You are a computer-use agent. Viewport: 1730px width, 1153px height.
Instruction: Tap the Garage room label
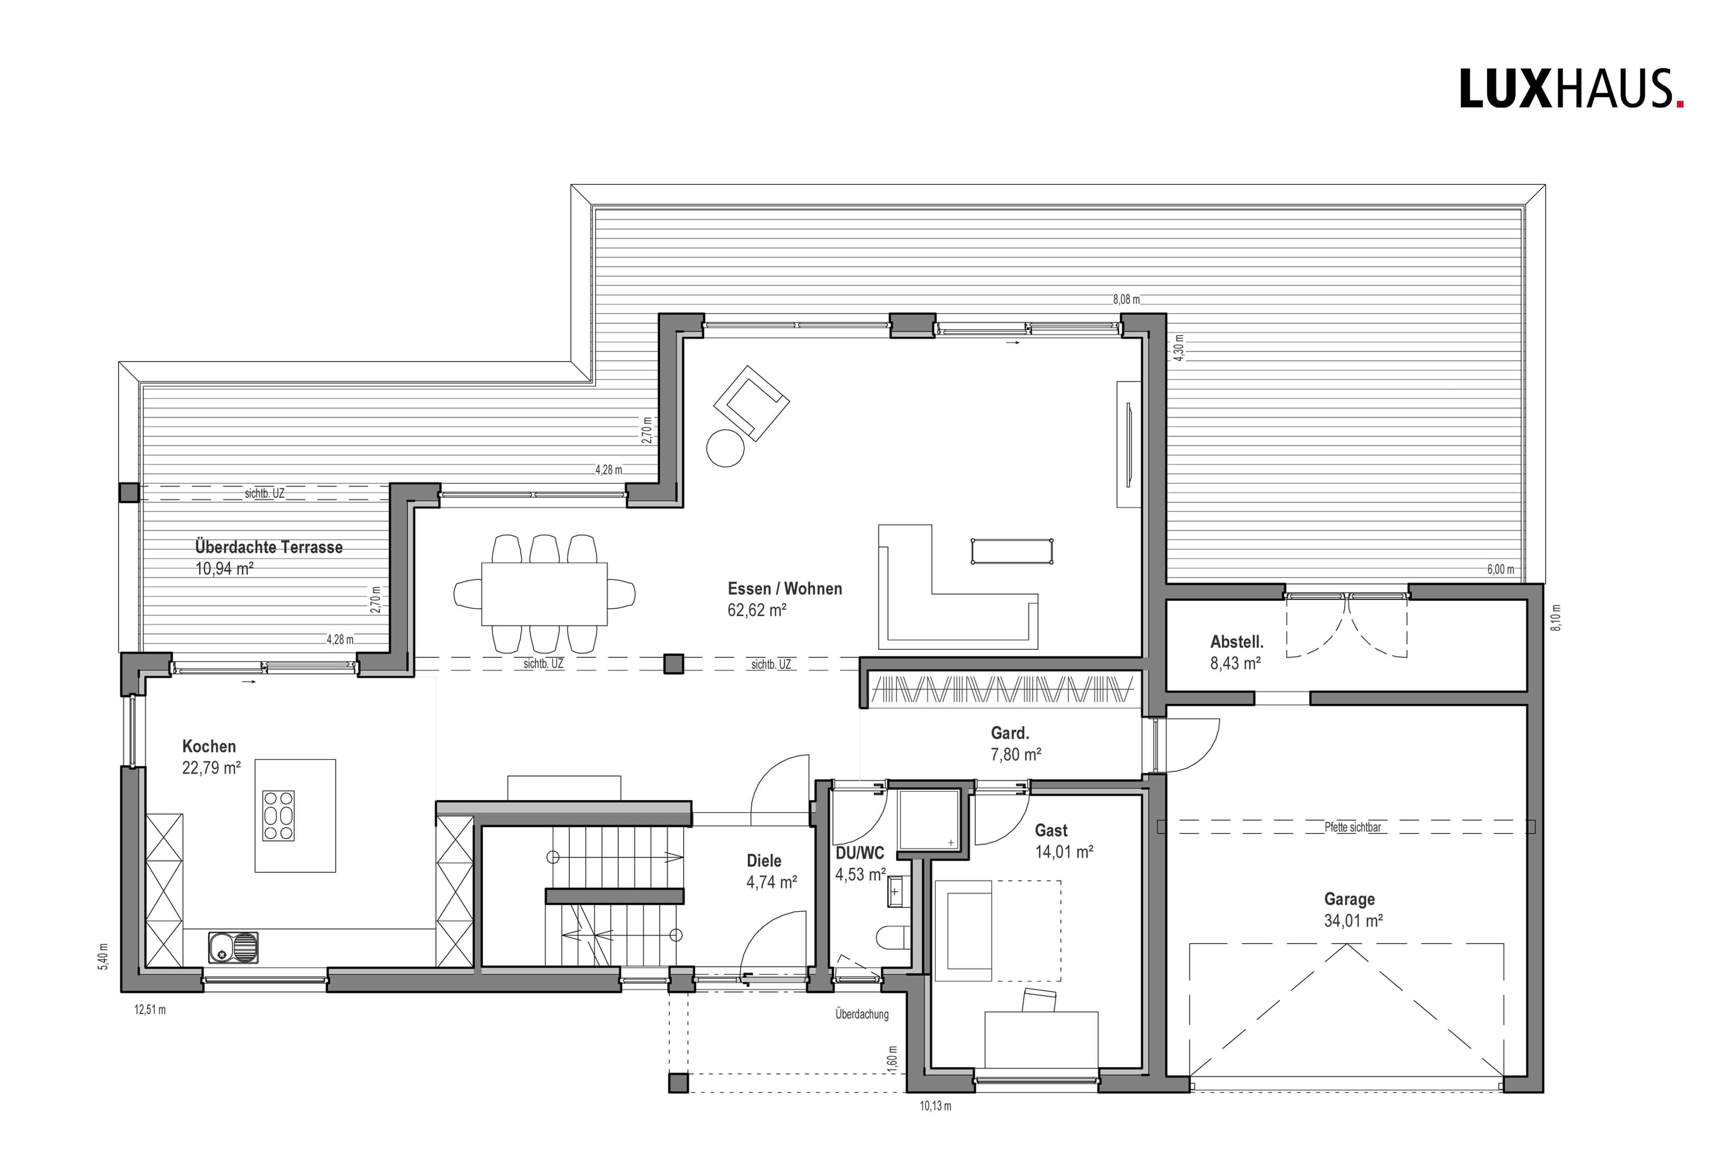tap(1349, 898)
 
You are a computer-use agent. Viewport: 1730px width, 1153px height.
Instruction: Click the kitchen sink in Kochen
tap(234, 947)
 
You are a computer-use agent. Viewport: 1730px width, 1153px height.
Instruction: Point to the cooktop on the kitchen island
tap(278, 816)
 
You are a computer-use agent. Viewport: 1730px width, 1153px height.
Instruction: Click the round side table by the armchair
tap(726, 447)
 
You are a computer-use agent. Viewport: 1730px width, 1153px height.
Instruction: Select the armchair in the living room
tap(751, 403)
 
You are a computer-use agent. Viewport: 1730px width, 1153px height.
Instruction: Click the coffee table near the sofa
tap(1012, 551)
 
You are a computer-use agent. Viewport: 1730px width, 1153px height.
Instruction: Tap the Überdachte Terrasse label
tap(269, 547)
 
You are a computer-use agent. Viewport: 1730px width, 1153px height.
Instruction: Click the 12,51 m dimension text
tap(150, 1010)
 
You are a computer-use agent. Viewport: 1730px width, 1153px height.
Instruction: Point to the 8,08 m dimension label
tap(1126, 299)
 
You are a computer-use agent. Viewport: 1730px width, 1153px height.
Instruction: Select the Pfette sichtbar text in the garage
tap(1353, 827)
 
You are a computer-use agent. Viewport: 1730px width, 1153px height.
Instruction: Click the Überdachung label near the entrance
tap(862, 1015)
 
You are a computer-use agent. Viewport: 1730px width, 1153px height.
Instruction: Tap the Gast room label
tap(1052, 830)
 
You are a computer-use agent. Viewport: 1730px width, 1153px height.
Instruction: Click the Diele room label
tap(764, 861)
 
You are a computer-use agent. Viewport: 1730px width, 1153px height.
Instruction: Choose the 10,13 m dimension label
tap(936, 1106)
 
